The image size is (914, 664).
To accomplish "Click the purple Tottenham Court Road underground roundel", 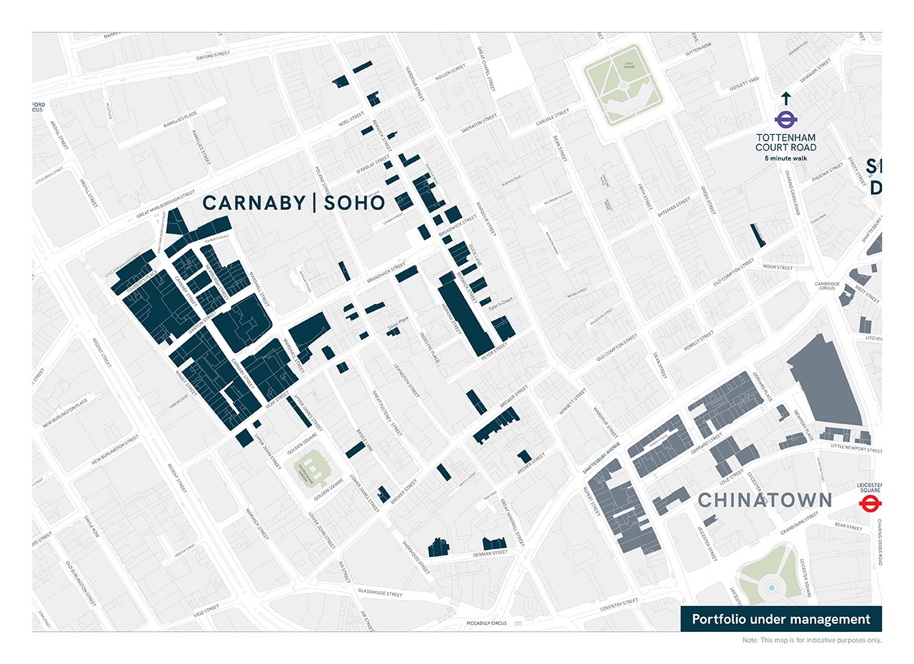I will [785, 120].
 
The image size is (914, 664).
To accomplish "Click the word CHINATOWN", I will [765, 500].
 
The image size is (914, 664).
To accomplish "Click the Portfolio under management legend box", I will [781, 619].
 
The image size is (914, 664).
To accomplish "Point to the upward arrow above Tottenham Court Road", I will [785, 99].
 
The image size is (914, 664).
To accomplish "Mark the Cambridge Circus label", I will [827, 286].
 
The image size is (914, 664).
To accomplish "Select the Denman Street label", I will [490, 553].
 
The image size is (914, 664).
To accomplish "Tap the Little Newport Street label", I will [856, 451].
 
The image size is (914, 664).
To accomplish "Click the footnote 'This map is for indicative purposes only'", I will [812, 640].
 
